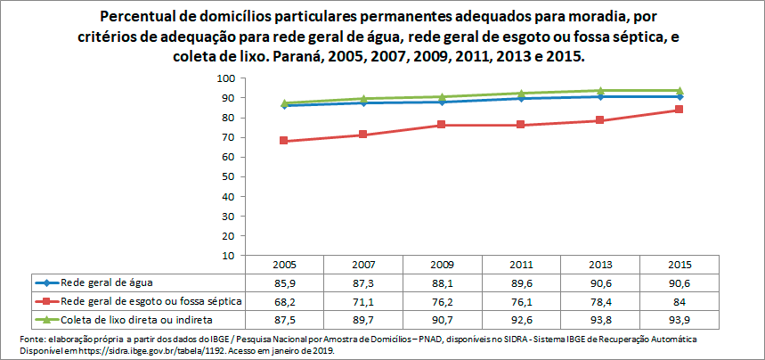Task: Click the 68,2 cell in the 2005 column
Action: tap(284, 300)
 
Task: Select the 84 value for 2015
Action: tap(680, 300)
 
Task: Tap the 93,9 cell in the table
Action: tap(680, 318)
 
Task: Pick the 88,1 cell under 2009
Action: tap(443, 282)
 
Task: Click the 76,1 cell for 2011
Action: tap(522, 300)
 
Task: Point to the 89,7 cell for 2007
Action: tap(363, 318)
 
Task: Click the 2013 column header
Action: tap(600, 265)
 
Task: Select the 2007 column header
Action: tap(363, 265)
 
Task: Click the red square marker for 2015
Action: tap(680, 110)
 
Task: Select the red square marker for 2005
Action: tap(284, 141)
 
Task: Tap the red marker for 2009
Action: tap(443, 125)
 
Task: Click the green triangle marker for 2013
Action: tap(600, 91)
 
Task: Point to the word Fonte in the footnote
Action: tap(33, 340)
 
